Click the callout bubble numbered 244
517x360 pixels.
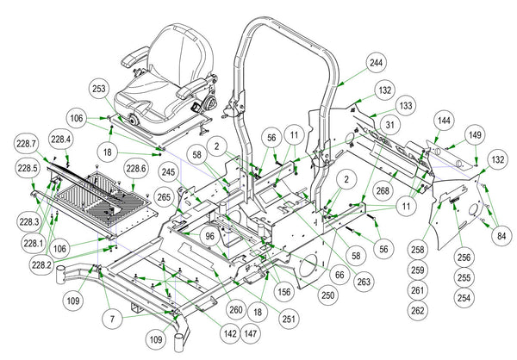[x=376, y=63]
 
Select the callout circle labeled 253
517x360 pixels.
[x=99, y=89]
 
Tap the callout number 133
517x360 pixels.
[x=406, y=105]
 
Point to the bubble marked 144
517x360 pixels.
[x=444, y=121]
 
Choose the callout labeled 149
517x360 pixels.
[x=475, y=135]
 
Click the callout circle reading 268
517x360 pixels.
[x=383, y=190]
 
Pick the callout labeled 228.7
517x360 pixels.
[x=27, y=144]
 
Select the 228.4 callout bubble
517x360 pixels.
[x=60, y=140]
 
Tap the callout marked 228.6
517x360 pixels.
[x=135, y=169]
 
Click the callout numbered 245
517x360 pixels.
[x=169, y=172]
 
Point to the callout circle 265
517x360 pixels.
[x=164, y=197]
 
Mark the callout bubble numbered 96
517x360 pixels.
[x=209, y=236]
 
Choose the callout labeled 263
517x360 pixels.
[x=364, y=282]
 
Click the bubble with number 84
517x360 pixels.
[x=501, y=236]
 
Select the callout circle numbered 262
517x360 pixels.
[x=417, y=311]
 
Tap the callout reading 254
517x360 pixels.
[x=464, y=298]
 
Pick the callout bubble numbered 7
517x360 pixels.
[x=112, y=319]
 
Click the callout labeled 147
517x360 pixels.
[x=251, y=333]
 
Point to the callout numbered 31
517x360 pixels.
[x=389, y=125]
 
